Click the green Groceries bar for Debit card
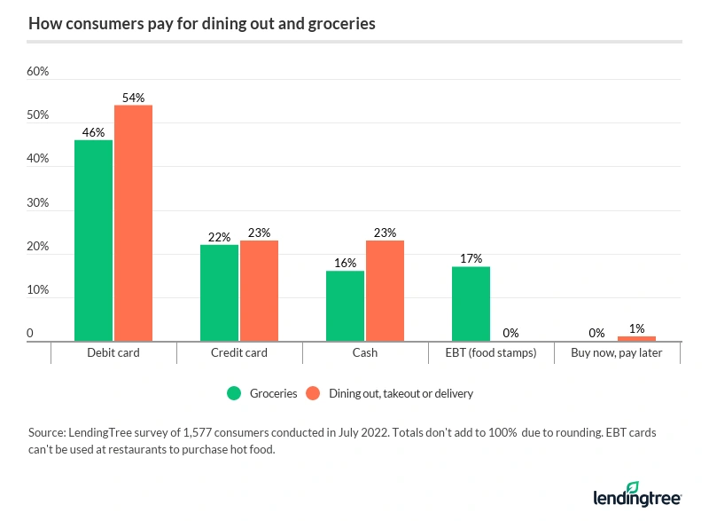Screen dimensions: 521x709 93,241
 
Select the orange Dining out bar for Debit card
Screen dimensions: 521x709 133,223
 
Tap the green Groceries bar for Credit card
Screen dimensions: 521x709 219,293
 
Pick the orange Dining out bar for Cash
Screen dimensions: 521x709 385,291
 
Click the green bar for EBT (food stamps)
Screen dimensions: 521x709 471,304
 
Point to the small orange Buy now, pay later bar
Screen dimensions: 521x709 636,338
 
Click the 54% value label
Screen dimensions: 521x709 133,98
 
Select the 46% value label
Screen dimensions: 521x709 93,132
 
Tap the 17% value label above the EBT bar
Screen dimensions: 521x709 471,258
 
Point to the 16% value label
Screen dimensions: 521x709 345,263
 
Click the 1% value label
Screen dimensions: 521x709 636,328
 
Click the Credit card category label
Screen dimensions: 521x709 239,352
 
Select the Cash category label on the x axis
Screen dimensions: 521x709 364,352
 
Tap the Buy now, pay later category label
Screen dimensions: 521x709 617,352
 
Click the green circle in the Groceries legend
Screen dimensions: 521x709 235,393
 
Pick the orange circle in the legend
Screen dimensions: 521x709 312,393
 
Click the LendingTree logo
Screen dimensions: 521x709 636,493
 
